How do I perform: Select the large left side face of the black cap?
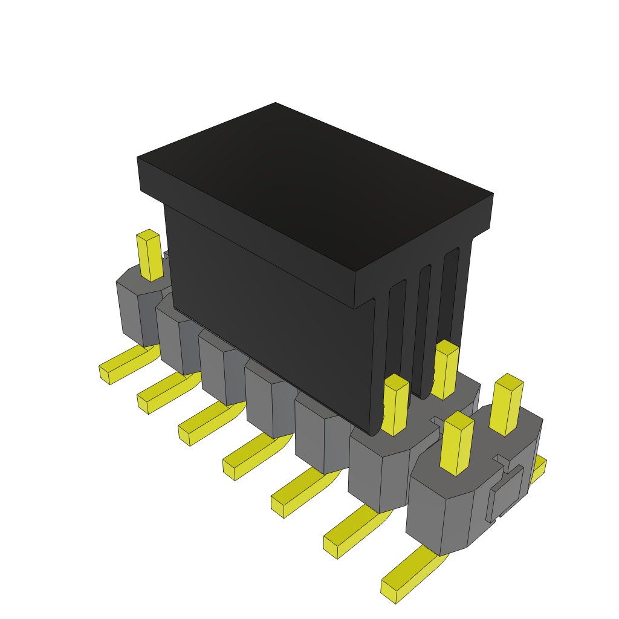pyautogui.click(x=266, y=302)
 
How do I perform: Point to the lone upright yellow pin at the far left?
pyautogui.click(x=149, y=256)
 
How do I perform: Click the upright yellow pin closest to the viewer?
pyautogui.click(x=457, y=444)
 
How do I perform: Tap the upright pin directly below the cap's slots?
pyautogui.click(x=445, y=370)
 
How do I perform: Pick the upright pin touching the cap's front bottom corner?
pyautogui.click(x=395, y=405)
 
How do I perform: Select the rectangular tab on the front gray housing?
pyautogui.click(x=507, y=493)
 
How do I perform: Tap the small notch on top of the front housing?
pyautogui.click(x=501, y=461)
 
